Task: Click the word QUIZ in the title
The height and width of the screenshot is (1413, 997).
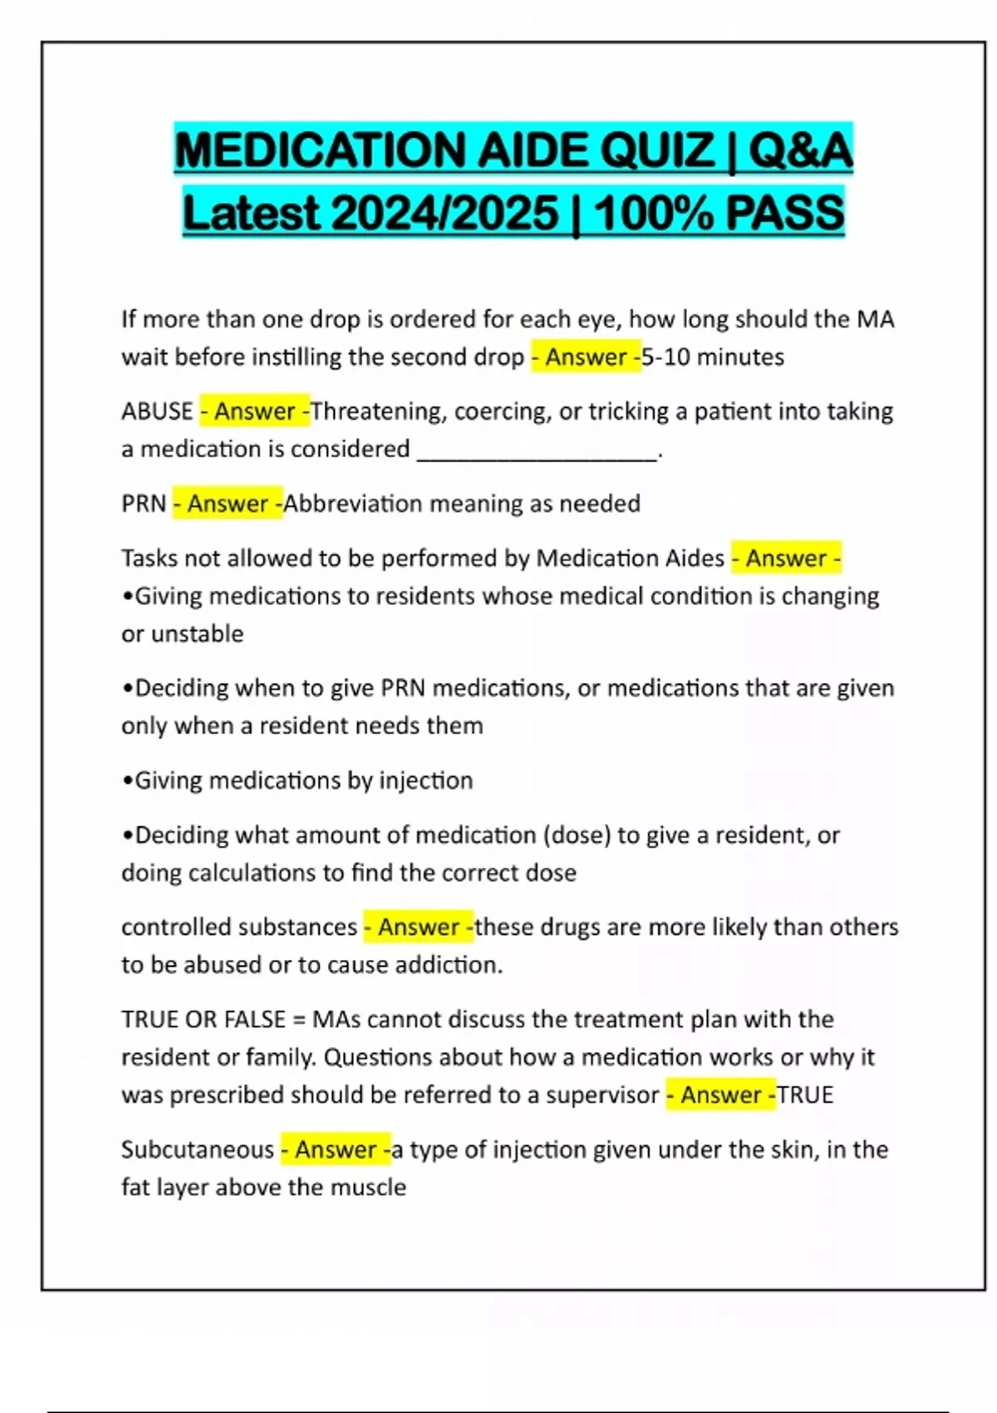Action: (x=657, y=150)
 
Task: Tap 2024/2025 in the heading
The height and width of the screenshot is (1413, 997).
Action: (x=444, y=213)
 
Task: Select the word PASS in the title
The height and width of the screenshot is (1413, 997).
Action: (x=785, y=213)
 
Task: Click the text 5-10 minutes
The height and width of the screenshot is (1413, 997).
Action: (x=713, y=357)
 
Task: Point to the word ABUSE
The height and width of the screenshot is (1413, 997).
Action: (x=157, y=411)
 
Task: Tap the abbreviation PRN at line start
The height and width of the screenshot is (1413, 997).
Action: (x=144, y=504)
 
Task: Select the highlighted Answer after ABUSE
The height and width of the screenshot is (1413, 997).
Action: (x=255, y=411)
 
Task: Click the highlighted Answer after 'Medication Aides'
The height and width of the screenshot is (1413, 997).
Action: (x=786, y=559)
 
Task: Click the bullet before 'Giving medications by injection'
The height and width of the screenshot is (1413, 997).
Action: (x=127, y=781)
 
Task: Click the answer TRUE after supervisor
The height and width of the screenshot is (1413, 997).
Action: (x=805, y=1095)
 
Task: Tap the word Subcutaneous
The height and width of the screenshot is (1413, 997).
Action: (x=197, y=1150)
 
